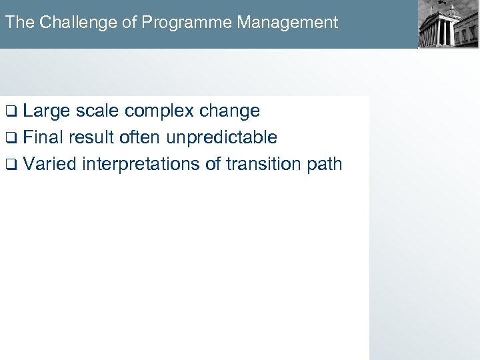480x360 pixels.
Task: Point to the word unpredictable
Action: coord(221,137)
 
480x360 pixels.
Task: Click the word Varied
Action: coord(50,164)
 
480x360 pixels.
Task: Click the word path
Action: coord(325,164)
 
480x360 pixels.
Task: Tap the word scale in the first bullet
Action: coord(97,111)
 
